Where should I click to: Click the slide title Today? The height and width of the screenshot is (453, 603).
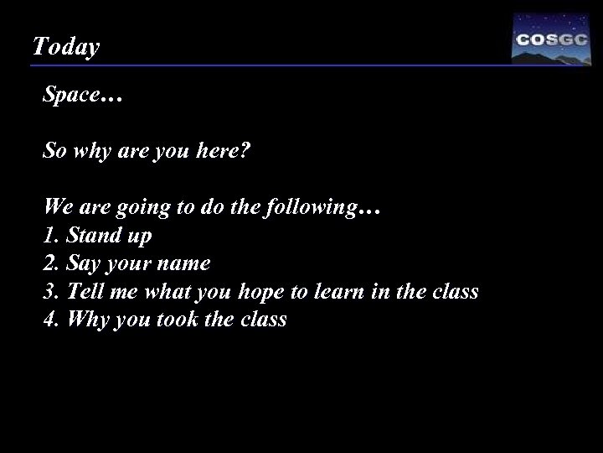point(65,47)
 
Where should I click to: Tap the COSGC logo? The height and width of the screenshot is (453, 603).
point(551,39)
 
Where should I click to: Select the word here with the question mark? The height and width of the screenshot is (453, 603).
point(224,153)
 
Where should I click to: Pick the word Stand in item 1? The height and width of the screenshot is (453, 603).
point(93,236)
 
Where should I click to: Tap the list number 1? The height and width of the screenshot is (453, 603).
point(49,236)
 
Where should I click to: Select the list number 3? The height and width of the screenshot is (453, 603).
point(49,291)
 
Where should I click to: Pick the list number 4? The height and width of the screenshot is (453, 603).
point(49,319)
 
